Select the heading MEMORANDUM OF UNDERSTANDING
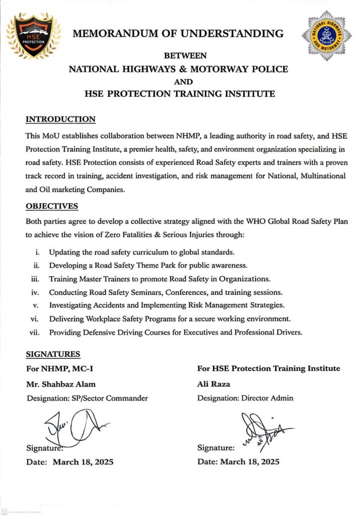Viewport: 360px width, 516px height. pos(178,34)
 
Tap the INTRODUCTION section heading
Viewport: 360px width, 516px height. pos(60,119)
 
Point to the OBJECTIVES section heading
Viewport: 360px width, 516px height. pos(52,206)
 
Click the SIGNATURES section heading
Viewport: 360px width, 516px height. pos(53,354)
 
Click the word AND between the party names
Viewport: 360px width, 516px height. pos(179,81)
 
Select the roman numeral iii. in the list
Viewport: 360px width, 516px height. pos(35,279)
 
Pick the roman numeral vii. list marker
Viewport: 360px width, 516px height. pos(34,332)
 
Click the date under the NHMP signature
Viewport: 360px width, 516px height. pos(83,462)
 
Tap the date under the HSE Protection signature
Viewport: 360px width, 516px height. pos(249,462)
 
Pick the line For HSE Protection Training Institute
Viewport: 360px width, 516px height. pos(268,368)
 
